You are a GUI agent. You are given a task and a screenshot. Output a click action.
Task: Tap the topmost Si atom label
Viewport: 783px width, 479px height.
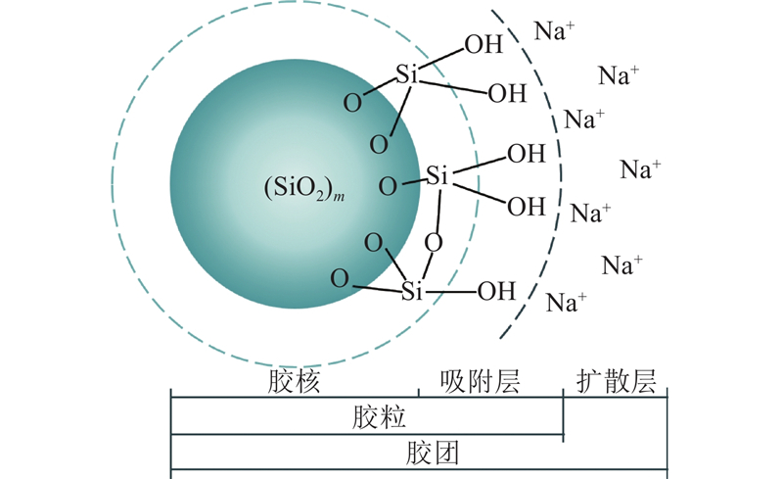pyautogui.click(x=407, y=74)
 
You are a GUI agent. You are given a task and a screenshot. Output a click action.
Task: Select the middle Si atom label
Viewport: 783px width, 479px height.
pyautogui.click(x=438, y=176)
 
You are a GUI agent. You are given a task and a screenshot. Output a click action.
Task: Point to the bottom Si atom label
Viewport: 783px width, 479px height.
pyautogui.click(x=412, y=291)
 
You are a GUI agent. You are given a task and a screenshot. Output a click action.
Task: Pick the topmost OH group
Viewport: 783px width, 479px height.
pyautogui.click(x=484, y=44)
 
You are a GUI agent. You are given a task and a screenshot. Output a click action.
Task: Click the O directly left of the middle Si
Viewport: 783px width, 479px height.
pyautogui.click(x=389, y=185)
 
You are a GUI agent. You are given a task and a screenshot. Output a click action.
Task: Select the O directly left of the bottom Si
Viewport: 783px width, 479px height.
pyautogui.click(x=340, y=278)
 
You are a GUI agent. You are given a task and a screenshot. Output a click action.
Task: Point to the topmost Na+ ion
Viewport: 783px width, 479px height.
pyautogui.click(x=555, y=30)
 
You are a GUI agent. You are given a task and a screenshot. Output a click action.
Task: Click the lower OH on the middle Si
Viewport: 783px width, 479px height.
pyautogui.click(x=526, y=207)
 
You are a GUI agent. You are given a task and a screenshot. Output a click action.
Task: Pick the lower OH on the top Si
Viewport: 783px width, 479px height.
pyautogui.click(x=507, y=94)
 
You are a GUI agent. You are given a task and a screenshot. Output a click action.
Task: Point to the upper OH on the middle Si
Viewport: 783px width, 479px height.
pyautogui.click(x=526, y=154)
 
